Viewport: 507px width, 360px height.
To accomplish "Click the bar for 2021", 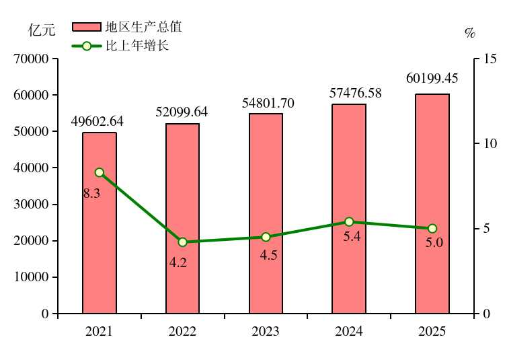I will [100, 223].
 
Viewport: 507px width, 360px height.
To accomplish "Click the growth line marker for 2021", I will [100, 172].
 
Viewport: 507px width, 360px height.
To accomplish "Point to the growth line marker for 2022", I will [182, 242].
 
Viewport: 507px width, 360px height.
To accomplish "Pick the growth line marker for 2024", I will [349, 221].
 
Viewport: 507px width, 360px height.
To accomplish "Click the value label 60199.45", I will [432, 78].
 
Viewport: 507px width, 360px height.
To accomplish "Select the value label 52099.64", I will [182, 112].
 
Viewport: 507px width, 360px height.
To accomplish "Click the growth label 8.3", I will [92, 194].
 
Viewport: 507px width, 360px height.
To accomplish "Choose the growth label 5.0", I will [434, 243].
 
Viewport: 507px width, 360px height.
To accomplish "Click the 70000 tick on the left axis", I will [31, 59].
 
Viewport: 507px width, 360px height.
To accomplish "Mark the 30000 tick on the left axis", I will [31, 205].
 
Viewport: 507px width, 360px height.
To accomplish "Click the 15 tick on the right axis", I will [489, 59].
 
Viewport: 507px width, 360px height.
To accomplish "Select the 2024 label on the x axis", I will [349, 332].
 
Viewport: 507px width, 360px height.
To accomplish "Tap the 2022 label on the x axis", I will [182, 332].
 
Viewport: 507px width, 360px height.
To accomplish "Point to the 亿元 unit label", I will [40, 30].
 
